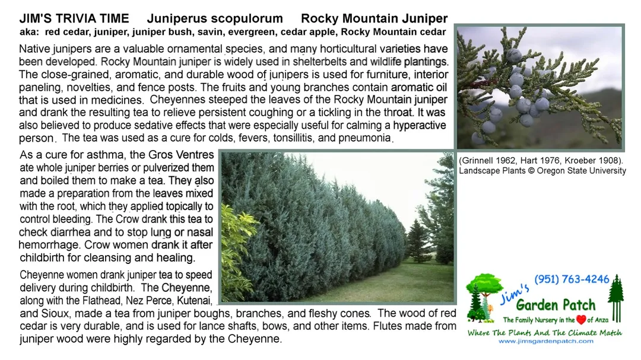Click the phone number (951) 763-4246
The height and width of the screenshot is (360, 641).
pyautogui.click(x=572, y=279)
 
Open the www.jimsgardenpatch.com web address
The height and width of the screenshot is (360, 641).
pyautogui.click(x=545, y=341)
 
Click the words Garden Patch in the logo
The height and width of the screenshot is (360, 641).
pyautogui.click(x=556, y=305)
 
